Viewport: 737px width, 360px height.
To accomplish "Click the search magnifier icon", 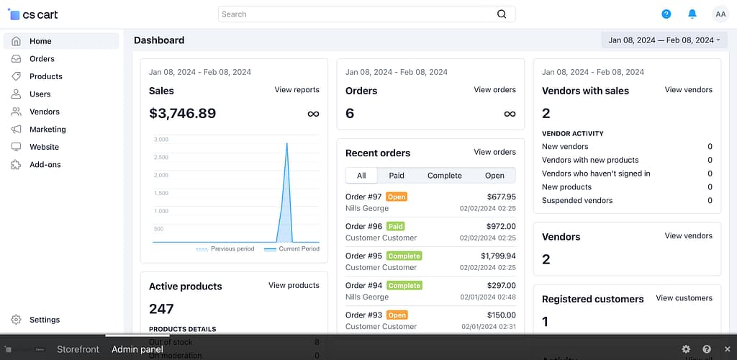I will click(502, 14).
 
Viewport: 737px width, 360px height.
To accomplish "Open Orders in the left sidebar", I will click(42, 59).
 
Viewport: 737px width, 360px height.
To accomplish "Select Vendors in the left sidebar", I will click(44, 112).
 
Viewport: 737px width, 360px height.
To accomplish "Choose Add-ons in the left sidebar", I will click(45, 165).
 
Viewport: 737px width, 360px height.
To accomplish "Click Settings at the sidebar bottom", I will click(44, 320).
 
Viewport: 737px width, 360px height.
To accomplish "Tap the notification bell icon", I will click(692, 14).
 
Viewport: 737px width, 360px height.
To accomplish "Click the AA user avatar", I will click(720, 14).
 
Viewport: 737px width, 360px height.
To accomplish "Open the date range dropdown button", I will click(664, 40).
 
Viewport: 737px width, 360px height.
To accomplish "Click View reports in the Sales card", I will click(297, 90).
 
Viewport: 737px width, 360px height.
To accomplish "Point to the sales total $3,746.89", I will click(182, 113).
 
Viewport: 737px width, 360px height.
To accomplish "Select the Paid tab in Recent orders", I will click(397, 176).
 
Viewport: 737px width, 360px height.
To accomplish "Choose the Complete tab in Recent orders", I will click(444, 176).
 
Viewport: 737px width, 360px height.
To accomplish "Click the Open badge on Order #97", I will click(397, 197).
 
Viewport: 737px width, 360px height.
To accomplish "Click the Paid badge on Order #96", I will click(395, 226).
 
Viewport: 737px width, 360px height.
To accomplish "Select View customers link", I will click(684, 298).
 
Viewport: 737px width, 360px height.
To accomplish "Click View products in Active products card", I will click(294, 285).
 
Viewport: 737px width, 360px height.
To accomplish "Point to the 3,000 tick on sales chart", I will click(161, 140).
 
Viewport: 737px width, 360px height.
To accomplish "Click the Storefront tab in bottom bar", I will click(78, 349).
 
